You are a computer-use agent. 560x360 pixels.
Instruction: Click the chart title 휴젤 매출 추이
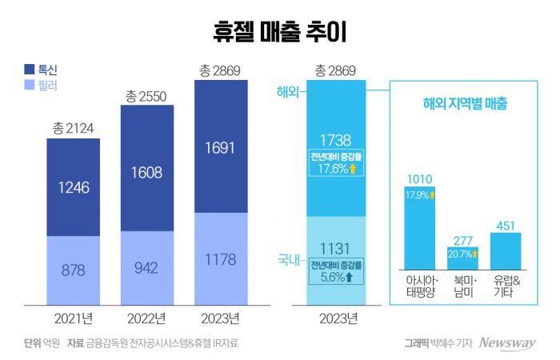279,31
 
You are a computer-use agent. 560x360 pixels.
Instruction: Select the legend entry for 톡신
40,69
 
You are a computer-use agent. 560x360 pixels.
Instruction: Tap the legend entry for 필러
40,84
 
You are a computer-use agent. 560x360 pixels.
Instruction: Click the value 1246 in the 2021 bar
74,187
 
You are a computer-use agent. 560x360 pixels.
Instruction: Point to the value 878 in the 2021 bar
74,270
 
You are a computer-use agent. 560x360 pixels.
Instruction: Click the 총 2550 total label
147,96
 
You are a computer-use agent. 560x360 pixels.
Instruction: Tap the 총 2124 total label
74,129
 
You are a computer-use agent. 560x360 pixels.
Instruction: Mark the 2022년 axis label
147,318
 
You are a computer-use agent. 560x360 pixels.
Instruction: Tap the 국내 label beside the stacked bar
287,261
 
